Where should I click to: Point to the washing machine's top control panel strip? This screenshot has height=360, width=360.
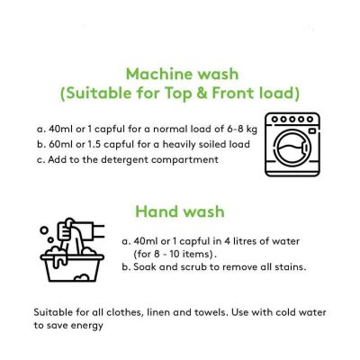(296, 122)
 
